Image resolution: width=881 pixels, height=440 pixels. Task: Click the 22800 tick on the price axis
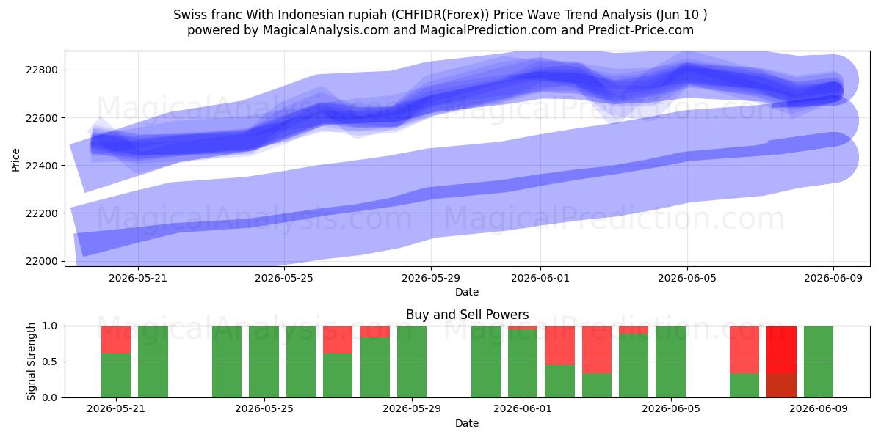[41, 70]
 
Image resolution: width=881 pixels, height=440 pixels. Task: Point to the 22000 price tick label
[41, 261]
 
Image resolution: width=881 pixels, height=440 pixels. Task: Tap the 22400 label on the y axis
[41, 166]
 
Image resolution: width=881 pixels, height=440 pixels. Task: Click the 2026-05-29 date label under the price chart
[431, 278]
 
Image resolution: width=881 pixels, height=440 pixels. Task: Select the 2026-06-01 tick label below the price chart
[540, 278]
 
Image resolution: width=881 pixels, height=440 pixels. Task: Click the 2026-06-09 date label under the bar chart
[819, 408]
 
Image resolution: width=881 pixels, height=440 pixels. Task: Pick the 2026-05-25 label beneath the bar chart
[264, 408]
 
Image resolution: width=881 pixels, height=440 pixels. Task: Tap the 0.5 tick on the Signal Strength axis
[50, 362]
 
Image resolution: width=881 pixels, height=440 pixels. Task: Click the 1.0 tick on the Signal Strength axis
[50, 326]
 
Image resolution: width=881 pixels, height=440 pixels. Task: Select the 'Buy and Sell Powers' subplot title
[467, 315]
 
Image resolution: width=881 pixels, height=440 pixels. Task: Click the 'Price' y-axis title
[15, 160]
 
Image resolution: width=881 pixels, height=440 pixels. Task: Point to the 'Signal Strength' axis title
[31, 362]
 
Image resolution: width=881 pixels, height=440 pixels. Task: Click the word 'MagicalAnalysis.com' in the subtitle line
[326, 30]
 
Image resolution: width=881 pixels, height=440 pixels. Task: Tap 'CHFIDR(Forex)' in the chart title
[440, 15]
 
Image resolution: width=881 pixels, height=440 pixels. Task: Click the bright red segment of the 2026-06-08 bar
[781, 350]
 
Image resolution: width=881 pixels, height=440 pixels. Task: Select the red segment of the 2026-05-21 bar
[116, 340]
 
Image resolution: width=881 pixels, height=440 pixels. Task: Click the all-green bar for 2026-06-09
[819, 362]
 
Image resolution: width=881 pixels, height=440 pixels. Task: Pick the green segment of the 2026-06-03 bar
[597, 385]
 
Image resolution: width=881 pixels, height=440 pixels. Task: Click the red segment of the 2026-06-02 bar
[559, 345]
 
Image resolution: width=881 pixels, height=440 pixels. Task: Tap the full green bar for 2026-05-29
[412, 362]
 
